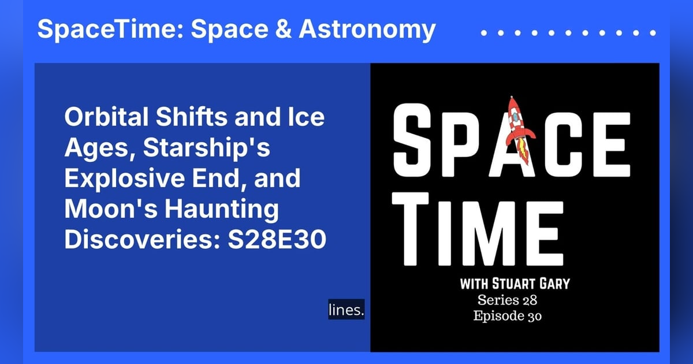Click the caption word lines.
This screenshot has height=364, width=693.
point(346,310)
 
